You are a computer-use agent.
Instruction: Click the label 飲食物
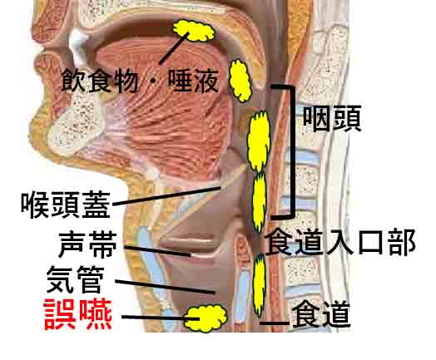[99, 81]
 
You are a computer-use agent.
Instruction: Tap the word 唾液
[193, 81]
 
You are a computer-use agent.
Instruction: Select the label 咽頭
[332, 119]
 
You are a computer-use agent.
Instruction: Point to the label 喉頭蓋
[66, 205]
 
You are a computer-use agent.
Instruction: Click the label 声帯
[88, 244]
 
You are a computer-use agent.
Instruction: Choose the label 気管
[76, 279]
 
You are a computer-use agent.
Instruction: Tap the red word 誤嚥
[78, 314]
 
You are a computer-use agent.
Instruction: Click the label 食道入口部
[340, 242]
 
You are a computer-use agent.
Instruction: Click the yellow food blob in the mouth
[194, 31]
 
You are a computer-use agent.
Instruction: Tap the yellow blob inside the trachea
[206, 318]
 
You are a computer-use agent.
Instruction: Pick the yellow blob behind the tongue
[240, 81]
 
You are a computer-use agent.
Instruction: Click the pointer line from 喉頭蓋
[166, 196]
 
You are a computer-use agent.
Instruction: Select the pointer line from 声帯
[157, 251]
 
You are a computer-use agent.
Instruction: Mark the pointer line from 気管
[166, 287]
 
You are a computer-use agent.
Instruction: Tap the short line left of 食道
[275, 323]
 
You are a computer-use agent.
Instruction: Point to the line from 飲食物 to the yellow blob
[174, 48]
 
